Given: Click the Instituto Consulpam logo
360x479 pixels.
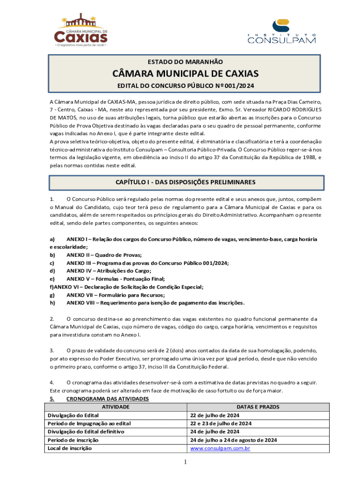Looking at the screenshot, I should point(281,32).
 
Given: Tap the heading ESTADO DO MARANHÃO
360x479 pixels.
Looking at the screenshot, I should point(185,62).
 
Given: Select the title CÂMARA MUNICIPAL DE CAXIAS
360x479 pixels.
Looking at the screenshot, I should point(185,74).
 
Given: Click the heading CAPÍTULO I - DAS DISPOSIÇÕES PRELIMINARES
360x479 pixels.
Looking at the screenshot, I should point(185,181).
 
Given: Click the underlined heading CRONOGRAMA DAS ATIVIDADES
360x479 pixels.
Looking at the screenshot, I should point(108,399).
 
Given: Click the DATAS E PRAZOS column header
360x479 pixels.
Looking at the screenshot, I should point(258,407).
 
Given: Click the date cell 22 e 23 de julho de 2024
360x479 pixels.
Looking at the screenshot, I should point(221,423).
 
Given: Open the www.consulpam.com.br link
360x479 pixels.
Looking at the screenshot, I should point(220,449).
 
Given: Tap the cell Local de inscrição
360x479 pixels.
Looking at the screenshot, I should point(70,449).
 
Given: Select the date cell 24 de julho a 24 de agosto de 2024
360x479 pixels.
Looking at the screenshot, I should point(234,440).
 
